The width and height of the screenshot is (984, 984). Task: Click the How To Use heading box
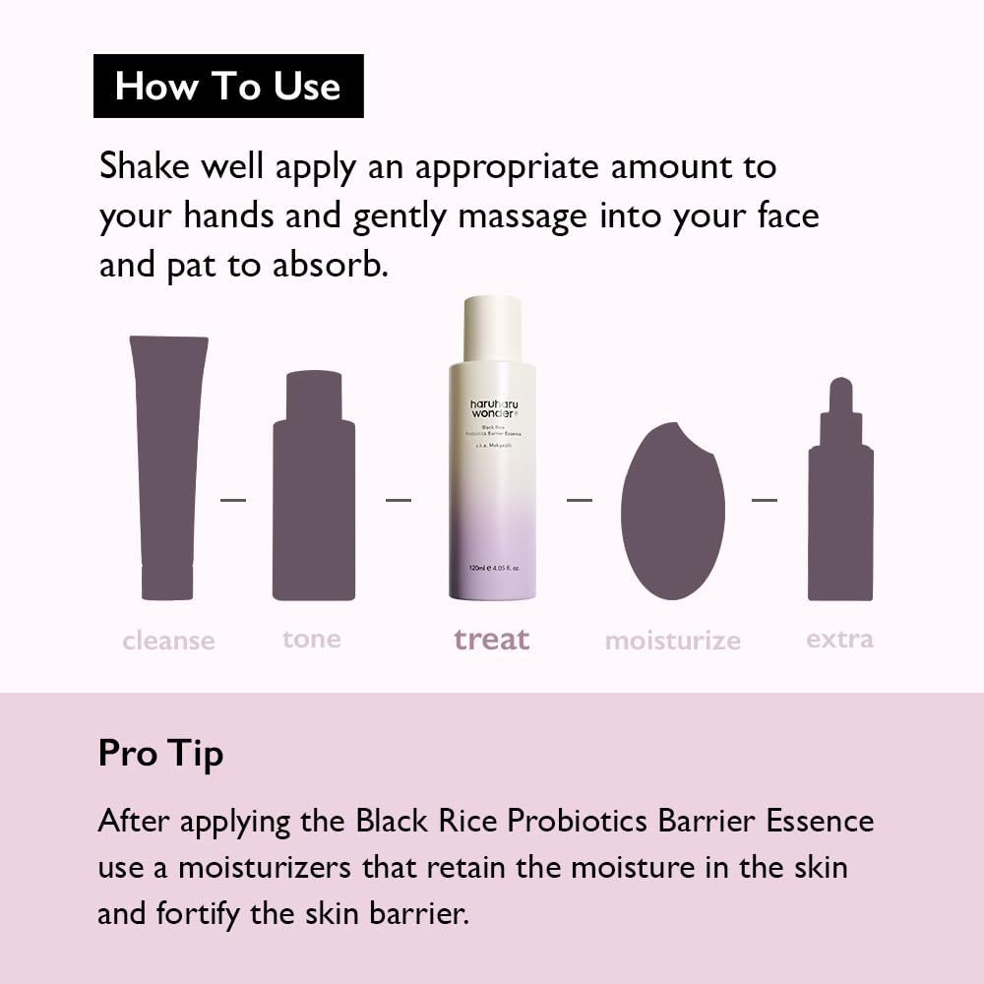pos(228,87)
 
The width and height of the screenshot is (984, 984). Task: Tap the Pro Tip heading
pos(160,754)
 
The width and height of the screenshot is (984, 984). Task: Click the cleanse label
pos(168,641)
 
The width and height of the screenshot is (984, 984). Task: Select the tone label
pos(312,639)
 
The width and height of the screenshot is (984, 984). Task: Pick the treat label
pos(492,640)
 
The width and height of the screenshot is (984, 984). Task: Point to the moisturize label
pos(672,641)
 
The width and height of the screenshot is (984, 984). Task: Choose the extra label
pos(839,639)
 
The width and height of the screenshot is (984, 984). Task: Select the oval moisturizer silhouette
pos(672,512)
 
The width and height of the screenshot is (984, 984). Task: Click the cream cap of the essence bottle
pos(492,328)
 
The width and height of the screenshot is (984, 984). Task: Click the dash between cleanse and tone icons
pos(233,500)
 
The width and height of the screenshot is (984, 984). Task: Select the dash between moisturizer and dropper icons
pos(765,500)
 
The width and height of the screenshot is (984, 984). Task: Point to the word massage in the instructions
pos(523,216)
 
